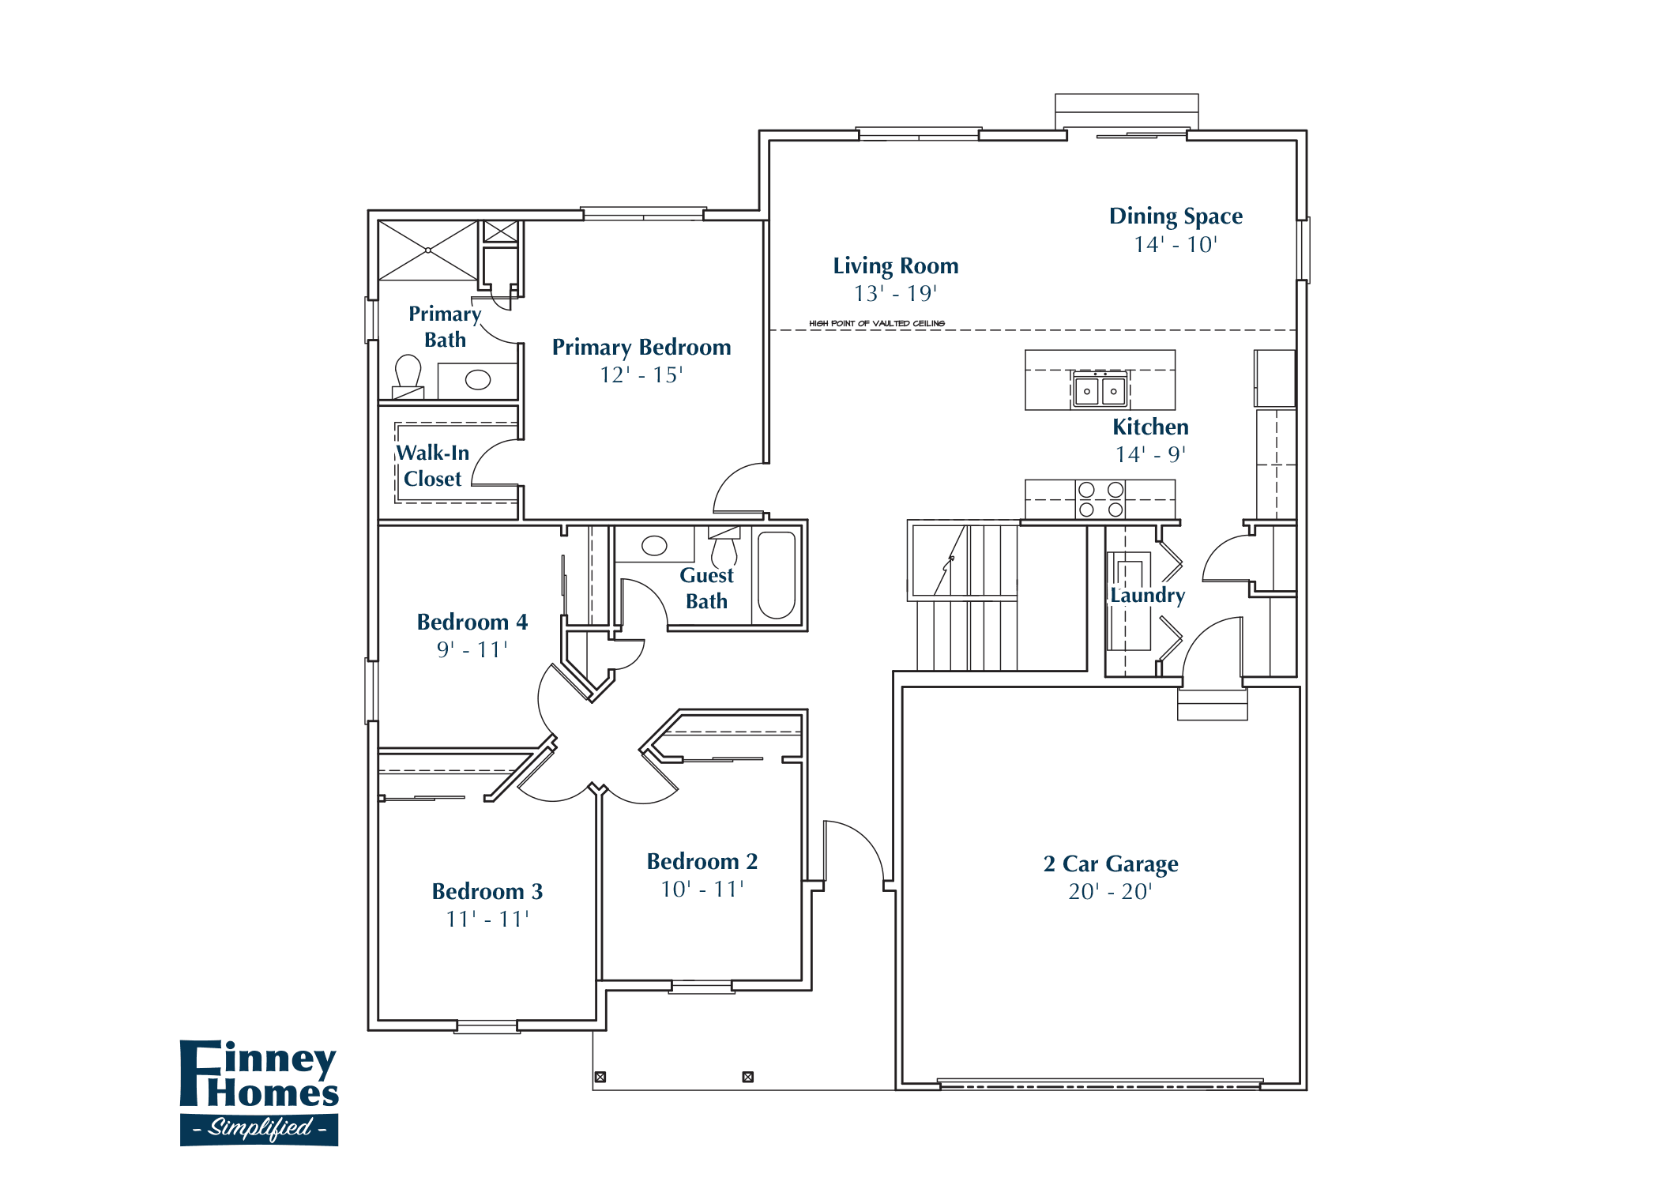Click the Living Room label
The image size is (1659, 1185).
895,266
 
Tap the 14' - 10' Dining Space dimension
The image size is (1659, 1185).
1175,245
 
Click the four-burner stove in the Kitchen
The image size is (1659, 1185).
1100,499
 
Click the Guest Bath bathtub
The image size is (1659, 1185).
776,574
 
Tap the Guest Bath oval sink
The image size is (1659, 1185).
654,545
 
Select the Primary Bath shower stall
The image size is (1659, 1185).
428,250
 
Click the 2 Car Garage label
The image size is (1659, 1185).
1110,863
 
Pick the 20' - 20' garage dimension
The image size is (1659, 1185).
1110,892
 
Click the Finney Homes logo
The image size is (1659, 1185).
259,1093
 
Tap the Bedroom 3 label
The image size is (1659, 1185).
487,891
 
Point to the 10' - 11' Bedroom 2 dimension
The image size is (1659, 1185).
702,890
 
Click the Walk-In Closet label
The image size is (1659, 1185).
432,465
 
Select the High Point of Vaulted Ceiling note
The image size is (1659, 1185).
876,323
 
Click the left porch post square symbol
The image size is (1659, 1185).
600,1077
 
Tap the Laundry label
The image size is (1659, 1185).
1147,595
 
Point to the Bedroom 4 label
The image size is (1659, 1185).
472,622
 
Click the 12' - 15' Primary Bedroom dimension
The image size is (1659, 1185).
641,375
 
